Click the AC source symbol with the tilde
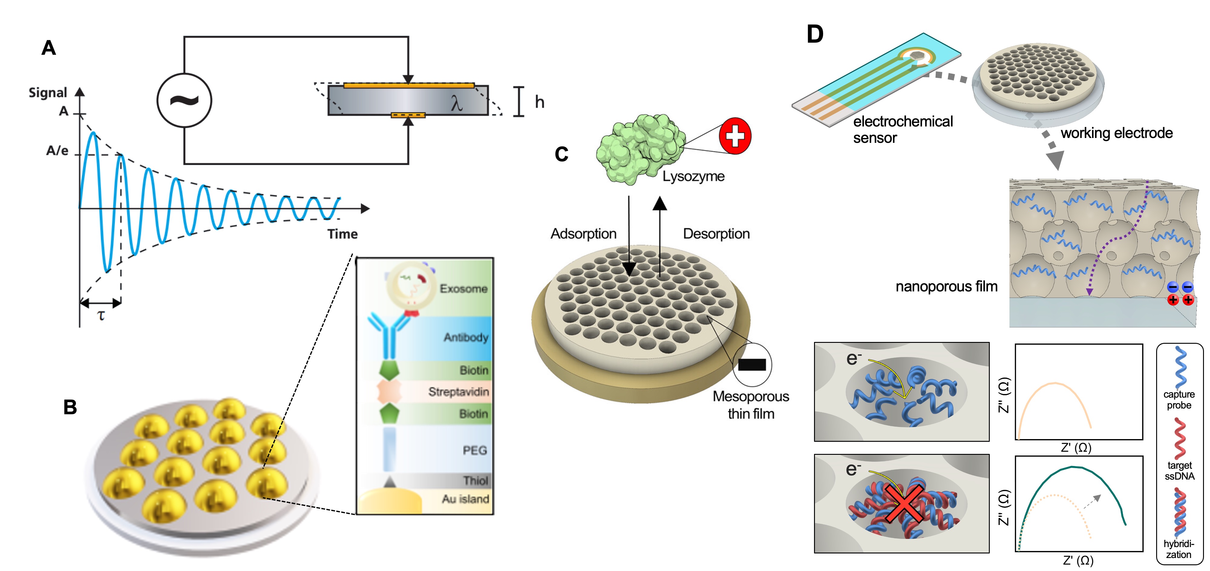184,100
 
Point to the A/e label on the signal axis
57,150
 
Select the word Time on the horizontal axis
342,234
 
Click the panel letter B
70,407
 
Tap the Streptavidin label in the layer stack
459,392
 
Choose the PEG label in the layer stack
475,450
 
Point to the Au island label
465,499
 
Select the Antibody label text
466,337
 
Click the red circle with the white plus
735,136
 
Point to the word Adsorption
584,234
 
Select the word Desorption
716,234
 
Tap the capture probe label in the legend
1179,399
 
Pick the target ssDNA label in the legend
1179,471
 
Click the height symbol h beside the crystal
540,102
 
